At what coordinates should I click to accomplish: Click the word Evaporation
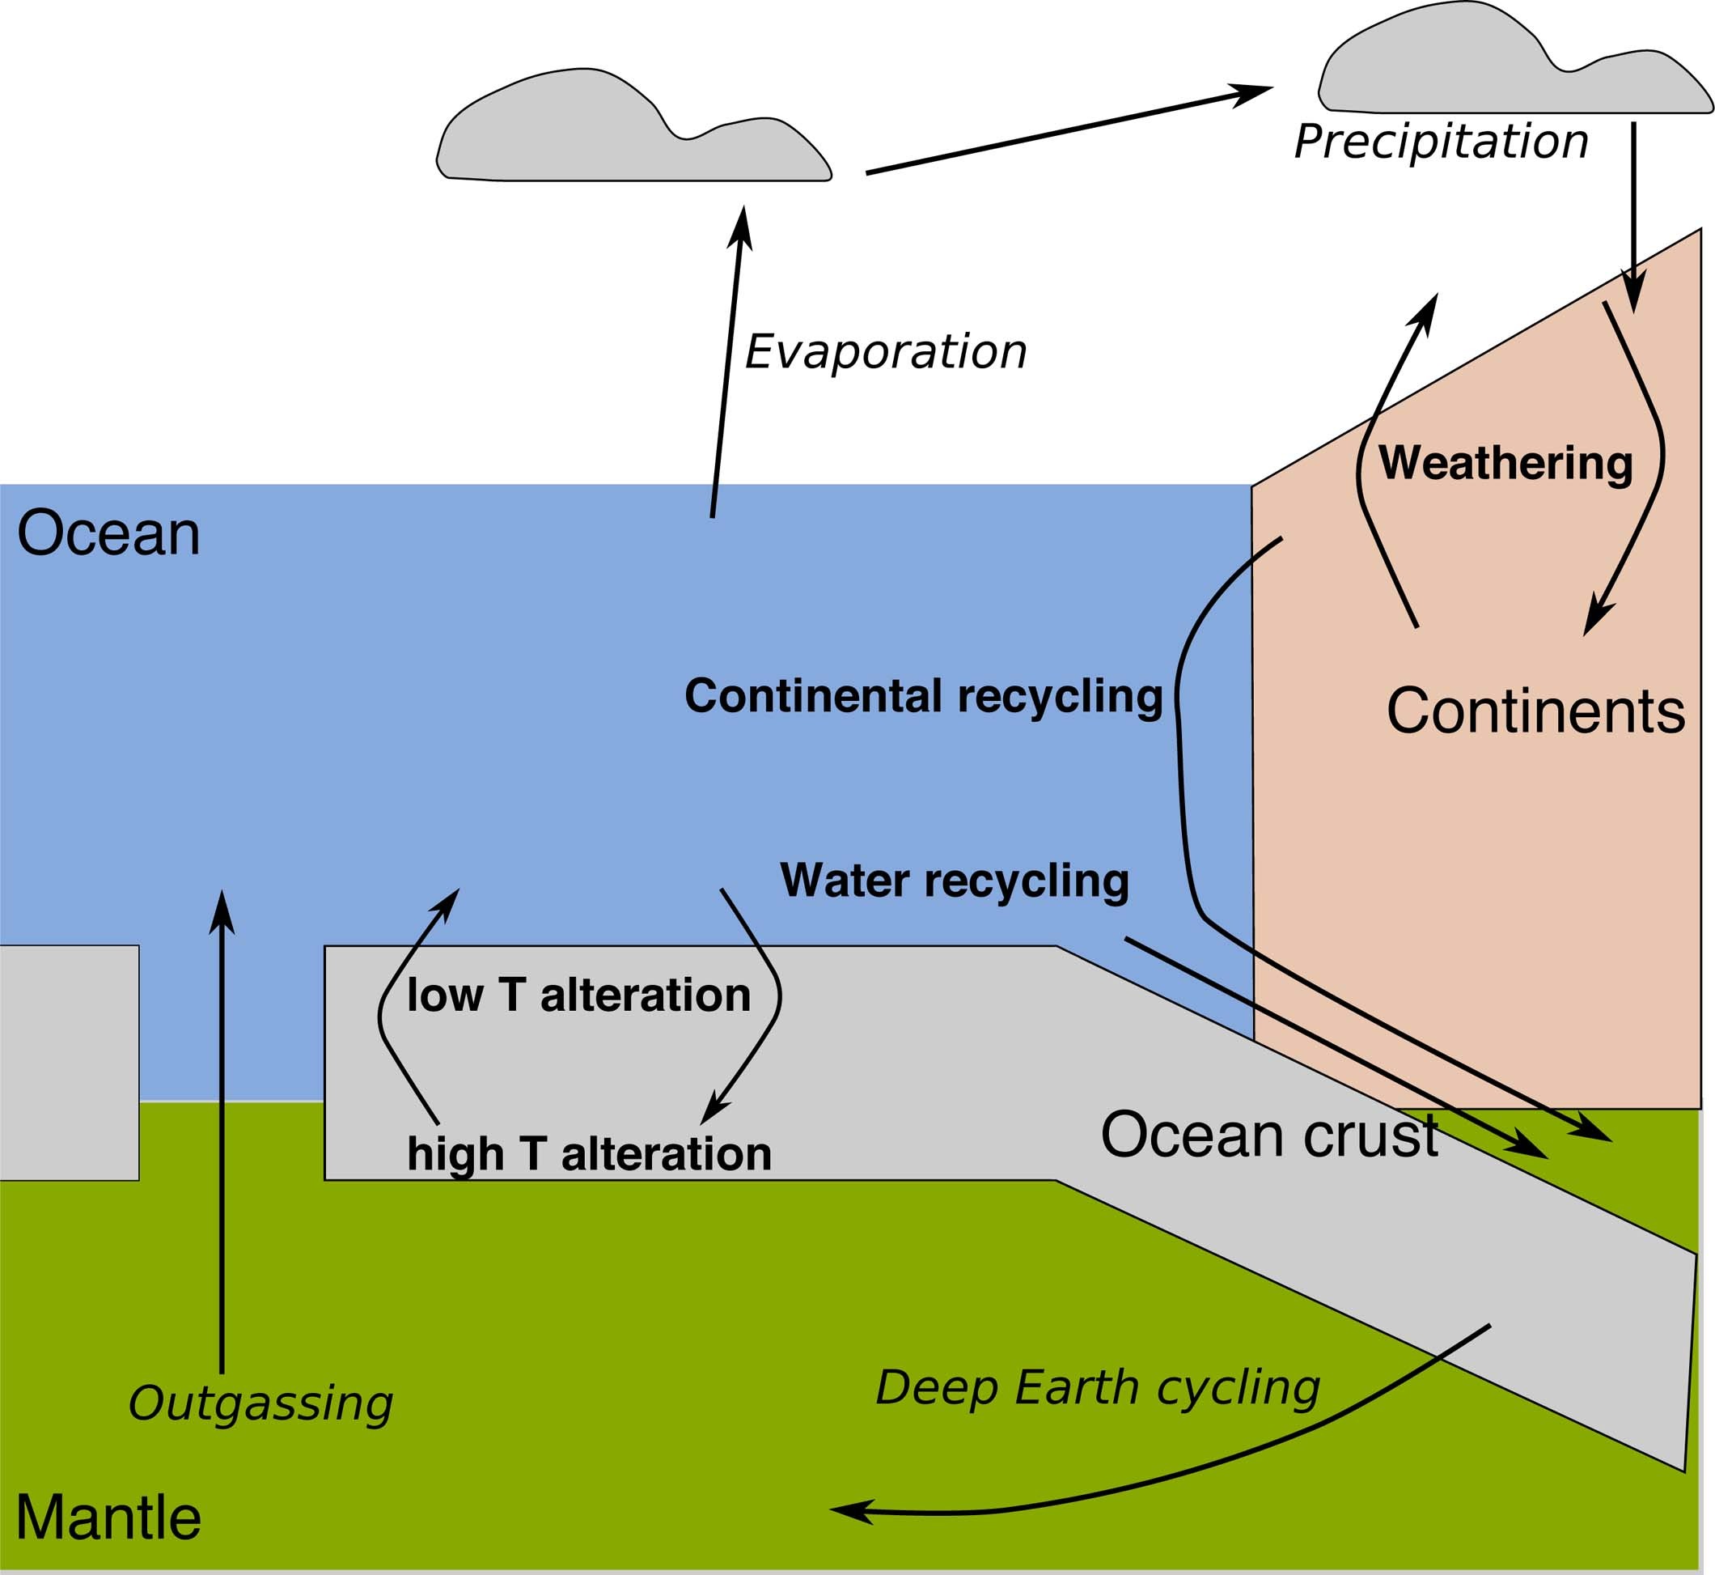(885, 352)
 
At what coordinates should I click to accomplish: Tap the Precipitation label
(1441, 142)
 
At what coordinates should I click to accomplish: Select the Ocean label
(108, 534)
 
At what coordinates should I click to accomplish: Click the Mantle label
(108, 1518)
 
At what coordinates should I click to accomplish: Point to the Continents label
(1535, 711)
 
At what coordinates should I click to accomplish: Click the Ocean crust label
(1269, 1135)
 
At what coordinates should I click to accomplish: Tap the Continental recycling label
(924, 696)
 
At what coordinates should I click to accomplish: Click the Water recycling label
(955, 881)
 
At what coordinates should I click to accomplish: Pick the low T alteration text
(578, 996)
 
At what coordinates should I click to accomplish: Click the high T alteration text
(589, 1154)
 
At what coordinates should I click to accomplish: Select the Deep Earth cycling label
(1097, 1387)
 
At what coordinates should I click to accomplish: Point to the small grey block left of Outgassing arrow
(68, 1062)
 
